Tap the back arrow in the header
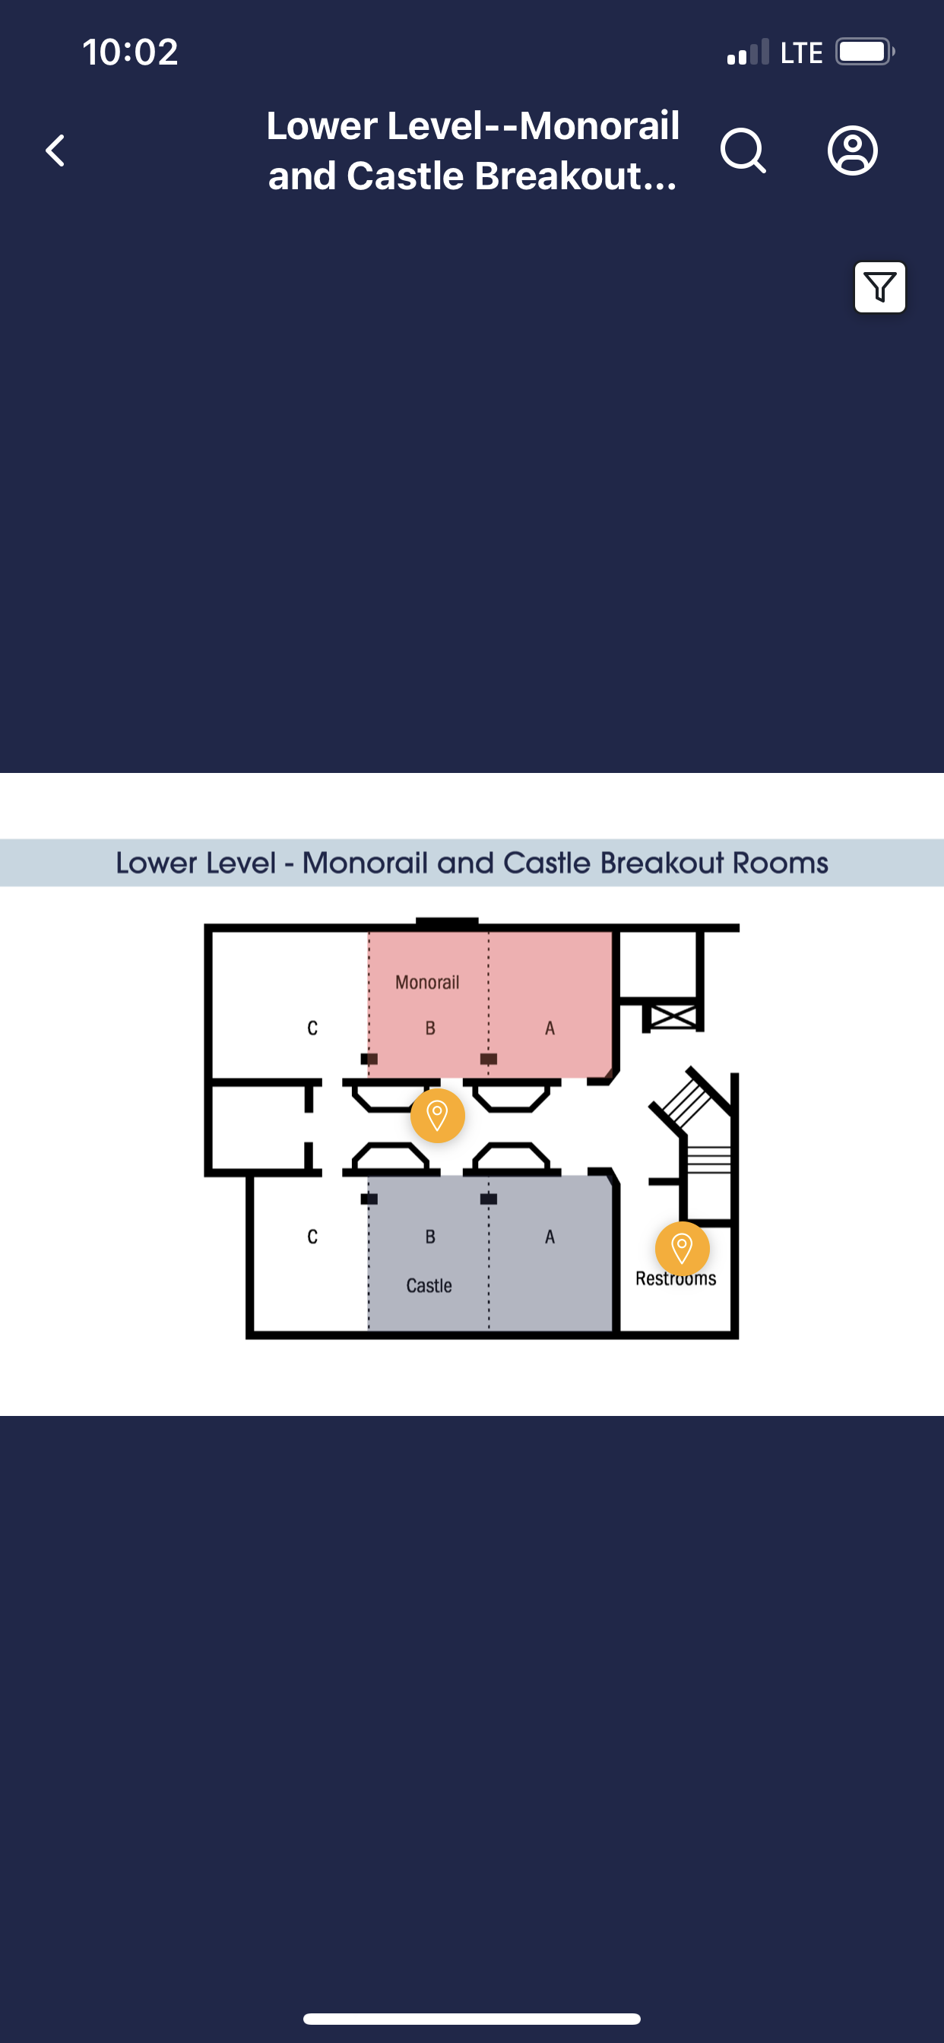(55, 150)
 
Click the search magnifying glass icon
(743, 150)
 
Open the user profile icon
(852, 150)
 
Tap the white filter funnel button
(879, 287)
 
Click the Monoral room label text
(427, 983)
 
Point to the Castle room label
(429, 1285)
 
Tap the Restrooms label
(675, 1279)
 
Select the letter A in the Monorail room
(549, 1028)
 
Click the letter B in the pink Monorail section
(430, 1028)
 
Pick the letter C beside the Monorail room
(312, 1028)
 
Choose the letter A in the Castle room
(549, 1237)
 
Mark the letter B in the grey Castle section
(430, 1237)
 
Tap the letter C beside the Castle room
(312, 1237)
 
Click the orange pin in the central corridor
(437, 1115)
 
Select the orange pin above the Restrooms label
(682, 1248)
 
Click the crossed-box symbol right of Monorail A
(673, 1016)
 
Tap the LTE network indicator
(800, 53)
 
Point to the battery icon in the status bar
(864, 52)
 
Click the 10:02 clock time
(130, 52)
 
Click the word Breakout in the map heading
(661, 863)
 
